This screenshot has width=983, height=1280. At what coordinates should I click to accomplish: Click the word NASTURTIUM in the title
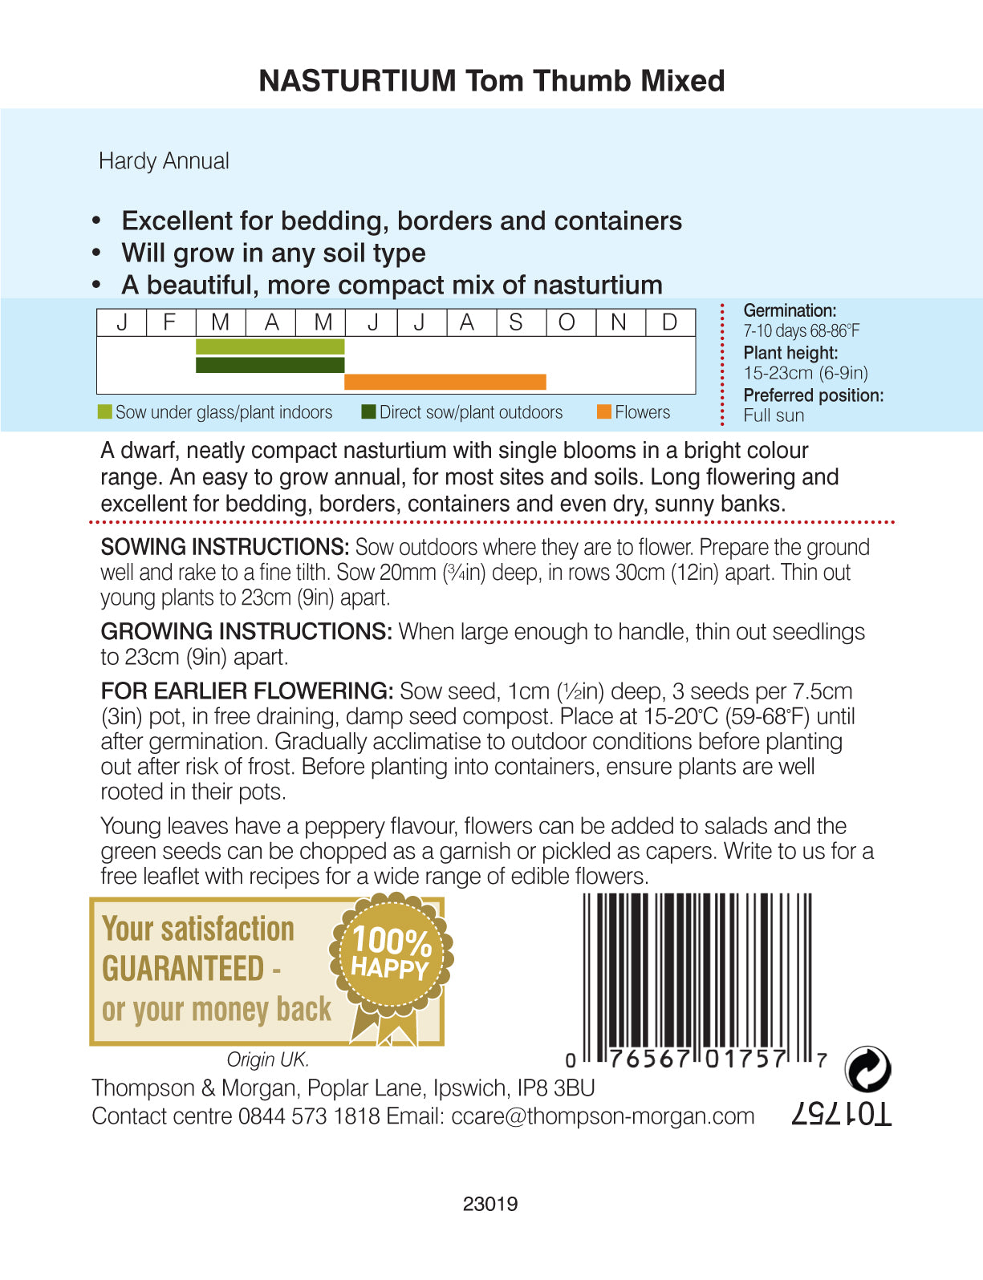tap(357, 81)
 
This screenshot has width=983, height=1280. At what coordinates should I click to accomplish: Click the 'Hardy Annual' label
tap(164, 161)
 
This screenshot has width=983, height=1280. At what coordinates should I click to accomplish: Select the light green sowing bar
tap(270, 346)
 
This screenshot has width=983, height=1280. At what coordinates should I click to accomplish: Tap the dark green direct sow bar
tap(270, 365)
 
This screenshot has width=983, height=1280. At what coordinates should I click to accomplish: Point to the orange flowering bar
tap(445, 382)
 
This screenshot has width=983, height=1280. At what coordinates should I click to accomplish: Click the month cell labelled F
tap(170, 322)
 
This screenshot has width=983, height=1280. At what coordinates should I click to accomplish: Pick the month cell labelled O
tap(567, 322)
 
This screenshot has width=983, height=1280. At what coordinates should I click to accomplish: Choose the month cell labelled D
tap(670, 322)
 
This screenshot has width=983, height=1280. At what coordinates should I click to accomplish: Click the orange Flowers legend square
tap(604, 412)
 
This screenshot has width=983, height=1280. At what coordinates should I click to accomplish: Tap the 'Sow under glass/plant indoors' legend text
tap(223, 412)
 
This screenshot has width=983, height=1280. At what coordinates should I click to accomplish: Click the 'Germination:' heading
tap(790, 310)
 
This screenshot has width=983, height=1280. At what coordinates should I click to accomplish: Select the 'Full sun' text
tap(774, 415)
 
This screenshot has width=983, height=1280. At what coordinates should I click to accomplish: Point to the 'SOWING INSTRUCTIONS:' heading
tap(225, 547)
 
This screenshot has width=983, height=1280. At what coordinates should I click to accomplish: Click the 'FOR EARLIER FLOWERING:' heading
tap(246, 691)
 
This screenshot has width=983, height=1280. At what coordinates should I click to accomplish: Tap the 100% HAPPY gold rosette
tap(391, 954)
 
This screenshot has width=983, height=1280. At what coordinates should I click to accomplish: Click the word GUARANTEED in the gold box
tap(183, 969)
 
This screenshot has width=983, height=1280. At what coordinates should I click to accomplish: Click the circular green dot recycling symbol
tap(867, 1069)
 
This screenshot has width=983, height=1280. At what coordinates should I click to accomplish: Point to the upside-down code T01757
tap(841, 1114)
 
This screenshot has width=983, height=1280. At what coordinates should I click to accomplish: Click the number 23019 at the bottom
tap(490, 1204)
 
